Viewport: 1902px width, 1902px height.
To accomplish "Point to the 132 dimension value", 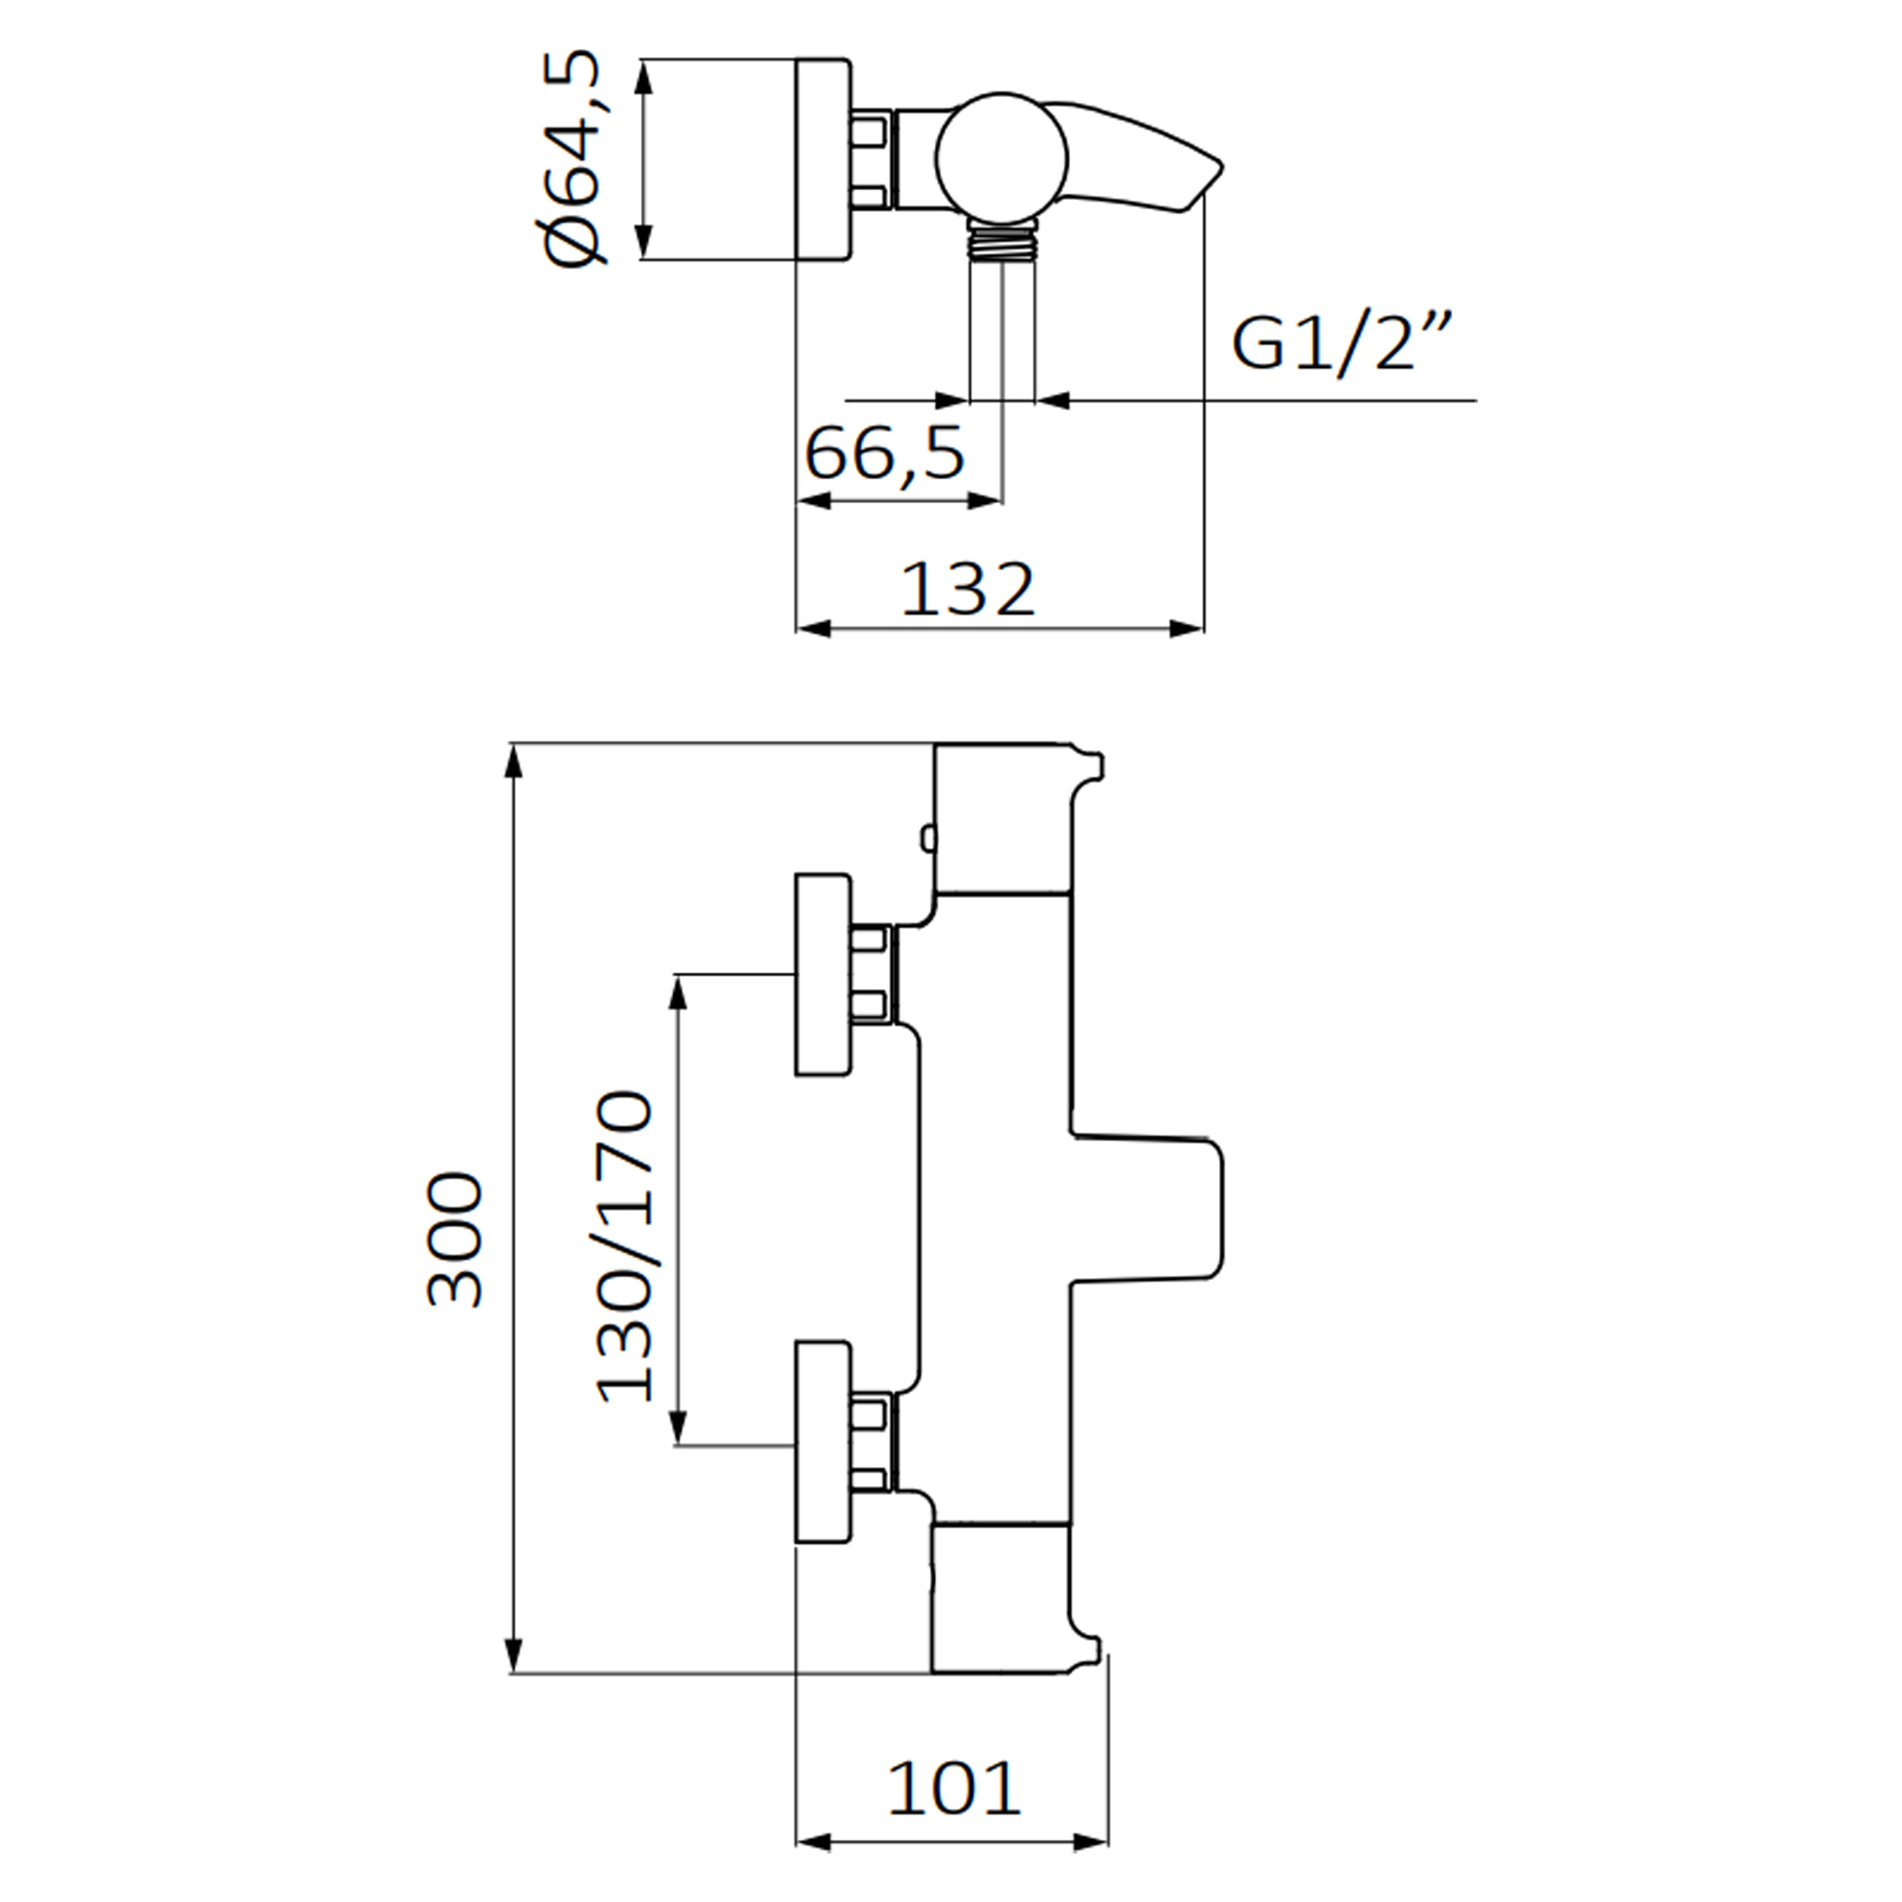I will click(968, 590).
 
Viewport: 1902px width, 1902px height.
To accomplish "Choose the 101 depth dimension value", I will click(954, 1789).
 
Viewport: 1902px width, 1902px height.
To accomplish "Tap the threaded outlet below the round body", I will click(1001, 241).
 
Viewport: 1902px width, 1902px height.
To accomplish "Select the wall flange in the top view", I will click(822, 159).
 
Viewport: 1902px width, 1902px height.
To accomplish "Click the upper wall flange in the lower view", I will click(822, 974).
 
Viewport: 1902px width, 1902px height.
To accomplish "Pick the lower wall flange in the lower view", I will click(822, 1444).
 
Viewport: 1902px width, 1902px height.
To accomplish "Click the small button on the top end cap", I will click(926, 838).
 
